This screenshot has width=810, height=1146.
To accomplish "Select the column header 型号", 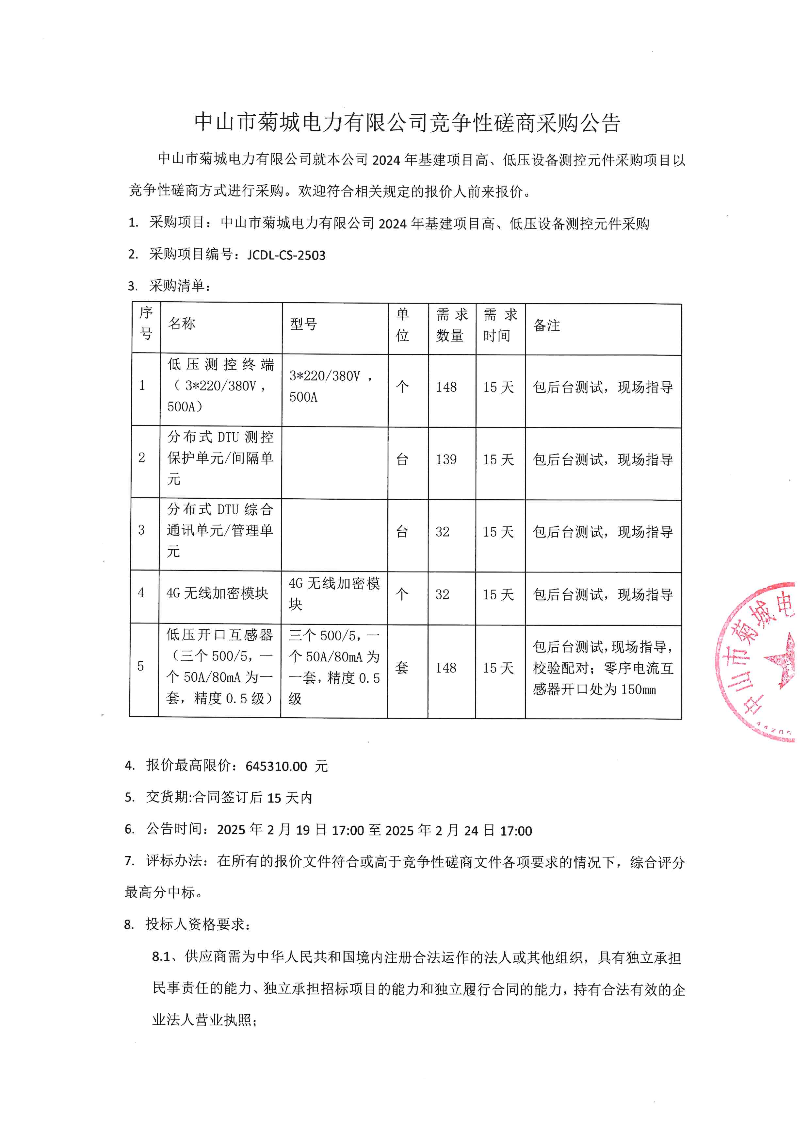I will [x=303, y=324].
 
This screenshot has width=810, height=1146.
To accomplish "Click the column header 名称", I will [x=182, y=324].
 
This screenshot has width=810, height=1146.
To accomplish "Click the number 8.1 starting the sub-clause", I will [x=161, y=957].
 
